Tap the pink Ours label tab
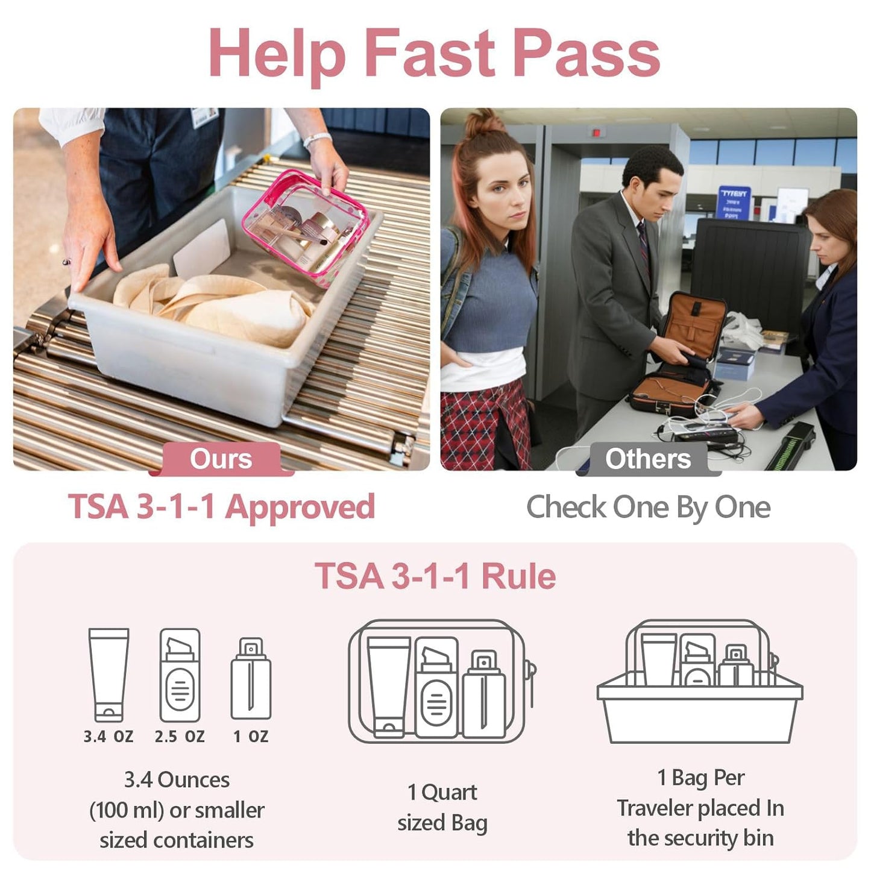tap(221, 459)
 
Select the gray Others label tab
tap(648, 459)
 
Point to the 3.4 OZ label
tap(108, 736)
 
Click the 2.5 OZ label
tap(180, 736)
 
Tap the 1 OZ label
tap(251, 736)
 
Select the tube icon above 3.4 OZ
tap(108, 674)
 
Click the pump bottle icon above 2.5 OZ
tap(180, 675)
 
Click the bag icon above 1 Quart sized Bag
tap(442, 681)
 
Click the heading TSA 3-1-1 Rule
tap(435, 576)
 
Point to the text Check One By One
tap(648, 508)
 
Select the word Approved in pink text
tap(300, 507)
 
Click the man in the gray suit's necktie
tap(644, 244)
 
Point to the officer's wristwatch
tap(317, 139)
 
